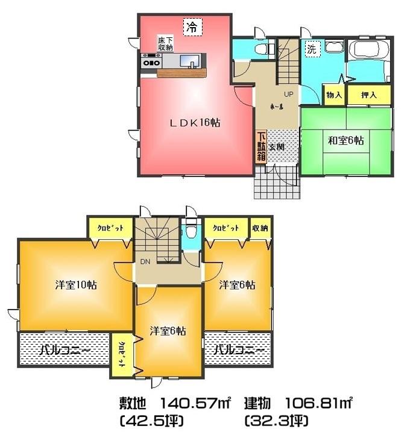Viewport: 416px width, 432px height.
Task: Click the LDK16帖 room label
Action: click(x=194, y=122)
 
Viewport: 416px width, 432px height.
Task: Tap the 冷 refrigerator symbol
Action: click(x=192, y=27)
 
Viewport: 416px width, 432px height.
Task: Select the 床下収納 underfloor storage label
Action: click(x=166, y=43)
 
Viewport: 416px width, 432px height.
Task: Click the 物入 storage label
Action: click(x=334, y=95)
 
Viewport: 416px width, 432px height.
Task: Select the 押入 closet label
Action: click(x=369, y=95)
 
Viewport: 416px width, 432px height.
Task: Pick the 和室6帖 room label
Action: click(x=345, y=140)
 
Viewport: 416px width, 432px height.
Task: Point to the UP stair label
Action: click(x=288, y=94)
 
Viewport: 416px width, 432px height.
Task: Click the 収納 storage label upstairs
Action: click(x=260, y=228)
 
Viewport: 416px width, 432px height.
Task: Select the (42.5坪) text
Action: click(x=151, y=419)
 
